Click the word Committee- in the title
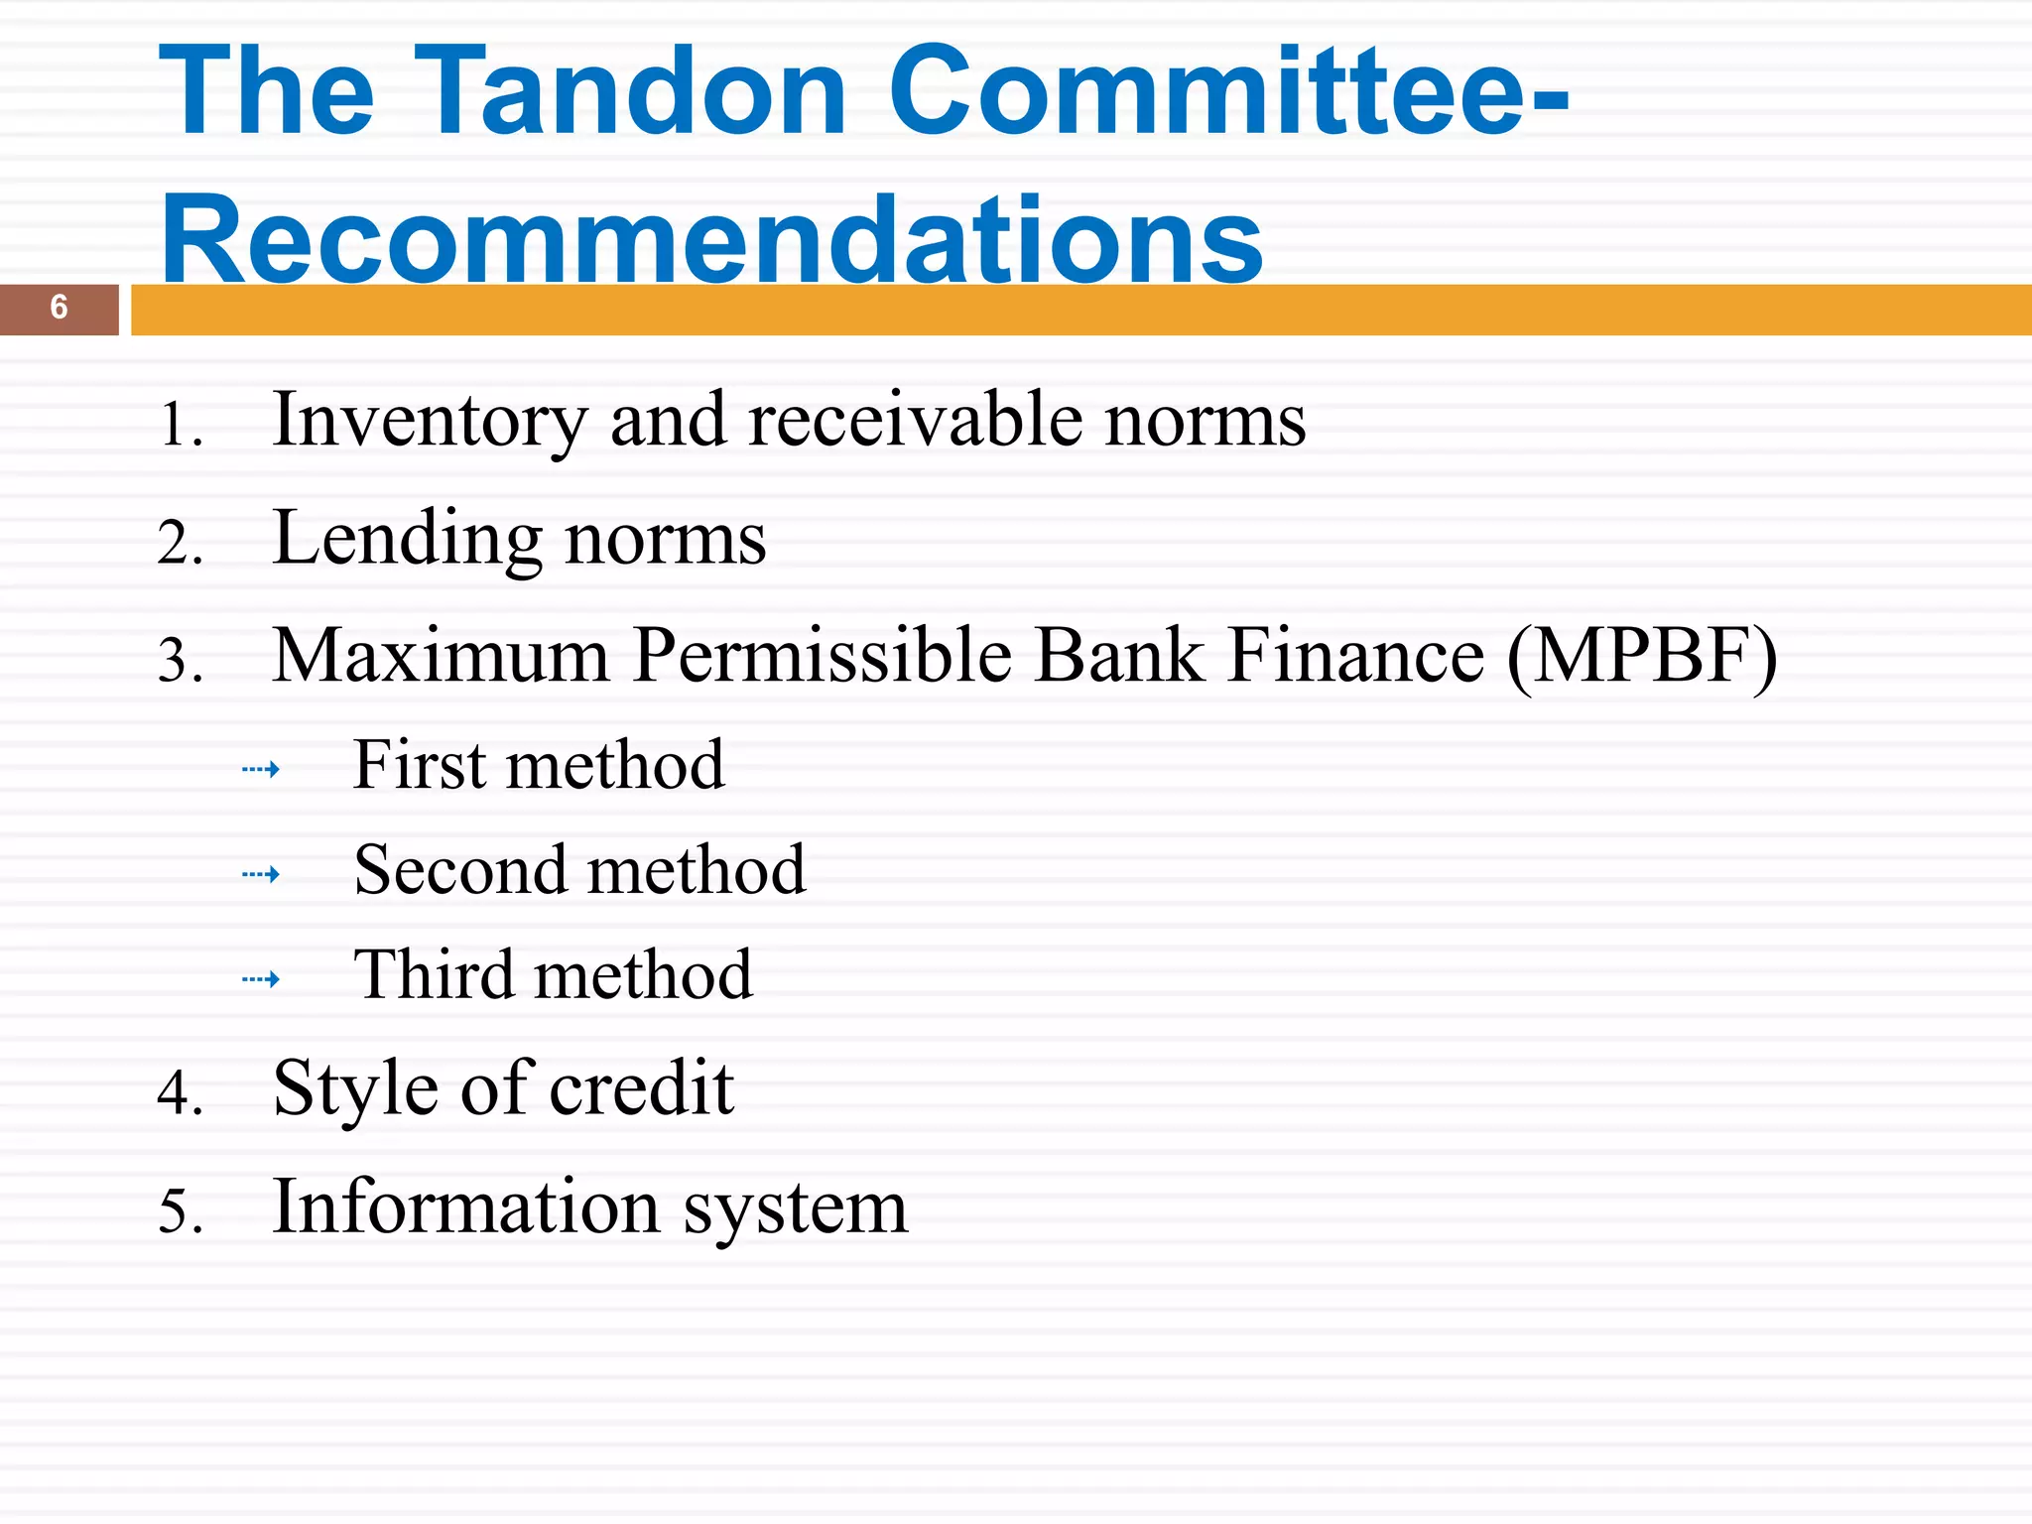1228,91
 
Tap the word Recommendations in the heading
711,241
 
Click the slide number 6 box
59,309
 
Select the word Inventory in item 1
430,421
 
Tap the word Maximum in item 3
441,656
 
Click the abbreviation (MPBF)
1641,656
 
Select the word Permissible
823,656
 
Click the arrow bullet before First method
261,769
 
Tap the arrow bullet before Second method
261,874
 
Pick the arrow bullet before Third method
261,979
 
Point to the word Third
433,975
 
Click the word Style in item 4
354,1089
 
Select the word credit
641,1087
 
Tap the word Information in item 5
465,1206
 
